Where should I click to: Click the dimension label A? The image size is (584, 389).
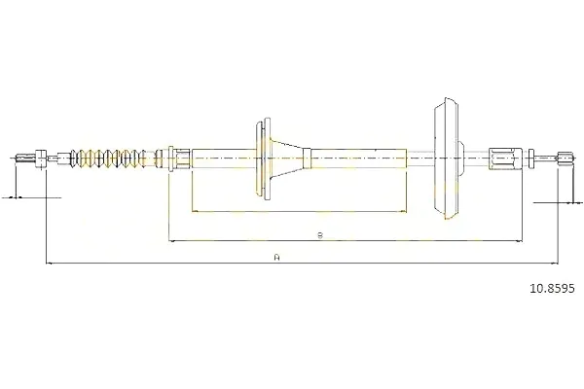point(276,257)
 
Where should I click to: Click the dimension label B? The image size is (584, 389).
point(320,235)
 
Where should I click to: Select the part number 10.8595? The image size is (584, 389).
point(552,288)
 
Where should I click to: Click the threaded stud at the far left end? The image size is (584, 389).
point(25,159)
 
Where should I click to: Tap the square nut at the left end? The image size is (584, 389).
point(41,159)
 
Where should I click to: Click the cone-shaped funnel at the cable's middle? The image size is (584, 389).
point(288,158)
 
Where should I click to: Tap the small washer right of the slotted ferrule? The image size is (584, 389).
point(531,159)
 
